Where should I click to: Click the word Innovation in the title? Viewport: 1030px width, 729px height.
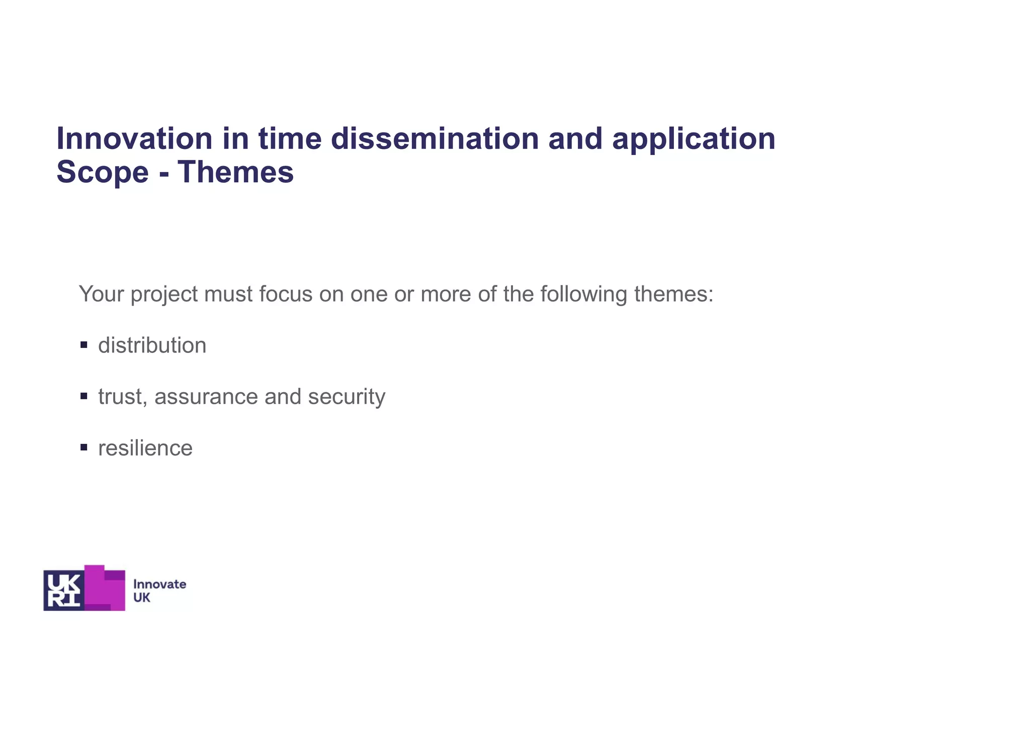coord(134,138)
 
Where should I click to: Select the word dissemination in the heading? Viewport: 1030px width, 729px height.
coord(435,138)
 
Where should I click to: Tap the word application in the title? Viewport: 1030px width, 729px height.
coord(694,139)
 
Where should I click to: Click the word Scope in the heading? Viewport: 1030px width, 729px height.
coord(103,173)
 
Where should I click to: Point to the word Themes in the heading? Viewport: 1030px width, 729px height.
coord(235,172)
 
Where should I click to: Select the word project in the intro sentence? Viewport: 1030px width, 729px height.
coord(164,295)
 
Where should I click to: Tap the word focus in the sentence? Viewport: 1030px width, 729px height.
coord(286,294)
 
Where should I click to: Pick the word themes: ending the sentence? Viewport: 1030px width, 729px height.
coord(674,294)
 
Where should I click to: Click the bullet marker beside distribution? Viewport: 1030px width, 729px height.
coord(83,345)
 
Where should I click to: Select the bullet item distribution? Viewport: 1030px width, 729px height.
coord(152,346)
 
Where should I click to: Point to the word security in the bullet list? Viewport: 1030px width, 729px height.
coord(347,397)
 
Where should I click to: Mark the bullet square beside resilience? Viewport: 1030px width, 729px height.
coord(83,448)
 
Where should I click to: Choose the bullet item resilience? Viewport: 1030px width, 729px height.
coord(145,448)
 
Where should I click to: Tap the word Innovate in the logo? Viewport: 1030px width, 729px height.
coord(159,585)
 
